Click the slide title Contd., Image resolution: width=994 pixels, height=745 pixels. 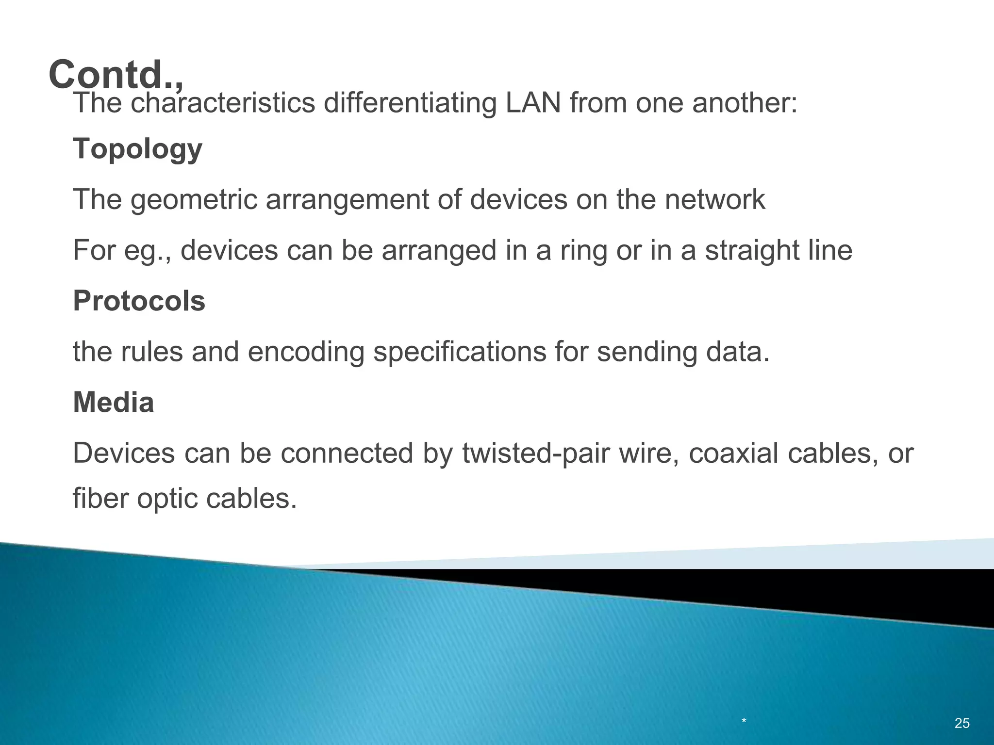[x=116, y=74]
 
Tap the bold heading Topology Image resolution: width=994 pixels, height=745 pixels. [x=137, y=148]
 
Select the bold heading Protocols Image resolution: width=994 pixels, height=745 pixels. [x=139, y=301]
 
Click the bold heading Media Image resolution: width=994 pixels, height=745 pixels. [x=113, y=403]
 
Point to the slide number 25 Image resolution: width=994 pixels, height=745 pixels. [x=962, y=723]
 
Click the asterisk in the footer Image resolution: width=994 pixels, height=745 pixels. [x=744, y=722]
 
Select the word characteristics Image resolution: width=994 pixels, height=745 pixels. [x=223, y=103]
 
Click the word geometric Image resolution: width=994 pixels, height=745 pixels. [x=194, y=200]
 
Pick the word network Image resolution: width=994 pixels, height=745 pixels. [x=715, y=199]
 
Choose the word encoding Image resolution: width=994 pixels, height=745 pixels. [x=306, y=352]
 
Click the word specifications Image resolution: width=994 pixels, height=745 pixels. [x=460, y=352]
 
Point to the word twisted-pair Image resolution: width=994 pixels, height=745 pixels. [x=536, y=453]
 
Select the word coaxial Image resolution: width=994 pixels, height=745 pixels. [x=733, y=453]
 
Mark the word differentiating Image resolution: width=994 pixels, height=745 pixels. [x=410, y=103]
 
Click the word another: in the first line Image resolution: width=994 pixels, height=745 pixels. [x=745, y=103]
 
